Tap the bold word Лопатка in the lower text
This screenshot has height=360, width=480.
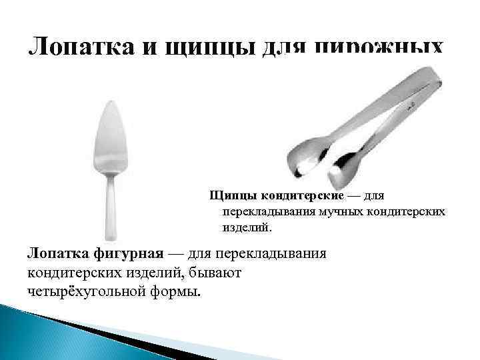click(x=57, y=255)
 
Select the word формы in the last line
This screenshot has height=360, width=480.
click(x=180, y=292)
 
